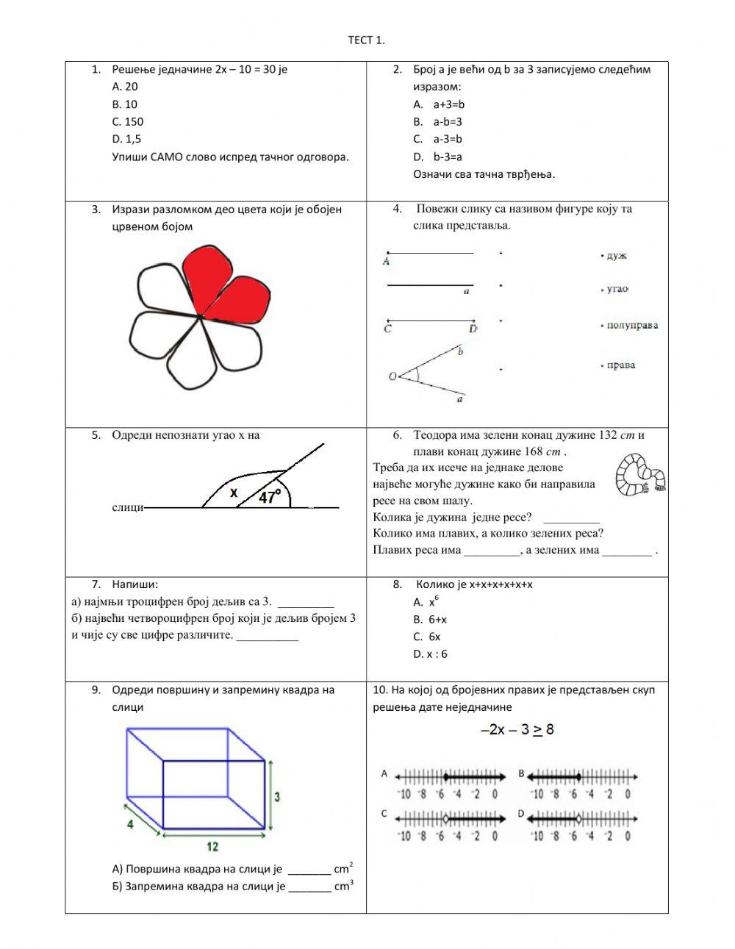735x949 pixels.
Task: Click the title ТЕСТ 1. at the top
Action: click(x=366, y=40)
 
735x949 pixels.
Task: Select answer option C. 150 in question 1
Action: click(x=128, y=121)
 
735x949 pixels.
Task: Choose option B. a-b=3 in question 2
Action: click(x=438, y=121)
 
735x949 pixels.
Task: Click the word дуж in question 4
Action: click(x=616, y=256)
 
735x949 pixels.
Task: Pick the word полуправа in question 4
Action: click(x=631, y=325)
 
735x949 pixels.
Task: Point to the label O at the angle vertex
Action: click(x=392, y=376)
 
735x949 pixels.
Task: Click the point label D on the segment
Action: click(x=473, y=329)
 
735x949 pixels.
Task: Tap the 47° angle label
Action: click(x=270, y=498)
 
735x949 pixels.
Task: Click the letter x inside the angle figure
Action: click(x=234, y=493)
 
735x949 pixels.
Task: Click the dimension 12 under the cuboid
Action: click(x=212, y=847)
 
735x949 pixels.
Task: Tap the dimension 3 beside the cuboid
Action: click(x=277, y=796)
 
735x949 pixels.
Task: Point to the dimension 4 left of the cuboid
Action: click(x=130, y=824)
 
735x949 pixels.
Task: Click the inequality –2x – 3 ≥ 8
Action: click(x=517, y=729)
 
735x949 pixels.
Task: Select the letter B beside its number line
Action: click(x=521, y=773)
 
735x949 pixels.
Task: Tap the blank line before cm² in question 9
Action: click(x=309, y=872)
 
